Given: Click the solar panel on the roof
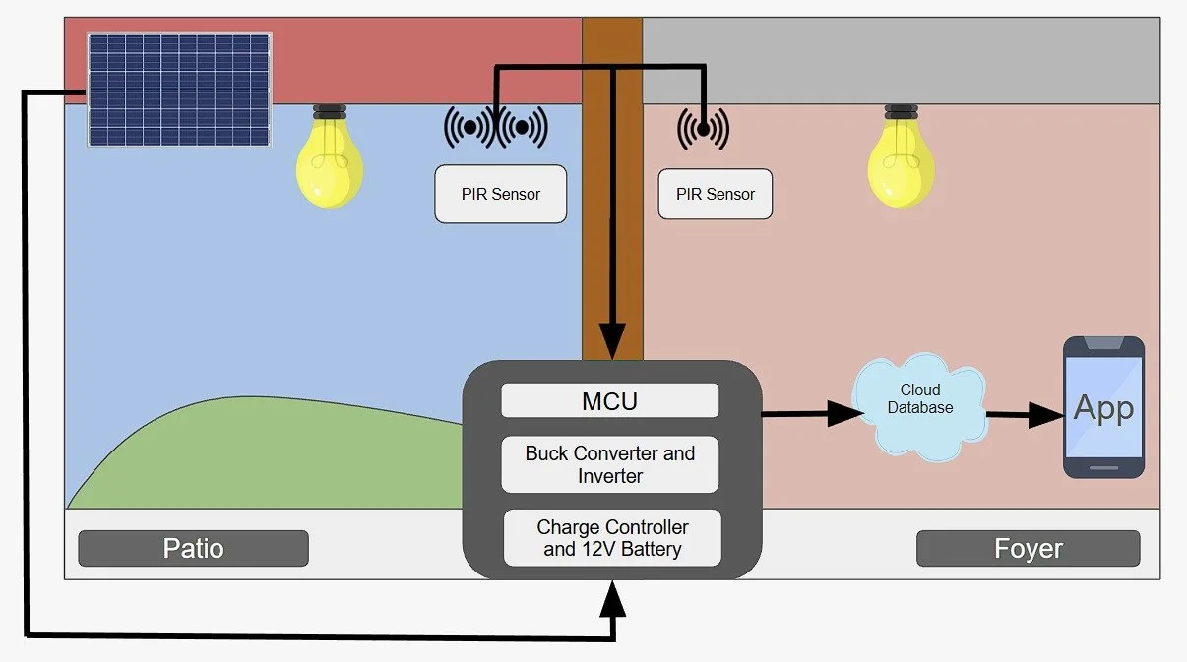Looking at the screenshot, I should click(x=179, y=90).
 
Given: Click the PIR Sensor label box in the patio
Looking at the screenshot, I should click(x=501, y=194).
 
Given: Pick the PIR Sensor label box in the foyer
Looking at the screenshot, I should click(x=716, y=194).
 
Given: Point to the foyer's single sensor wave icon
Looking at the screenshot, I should click(x=703, y=129).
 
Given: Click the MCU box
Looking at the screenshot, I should click(x=610, y=400).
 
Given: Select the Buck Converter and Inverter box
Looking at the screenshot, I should click(x=610, y=465).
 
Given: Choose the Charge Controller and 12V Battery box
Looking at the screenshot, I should click(x=611, y=538).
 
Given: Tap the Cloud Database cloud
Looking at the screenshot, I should click(x=920, y=404).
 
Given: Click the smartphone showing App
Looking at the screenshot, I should click(x=1103, y=407).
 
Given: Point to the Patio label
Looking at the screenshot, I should click(x=193, y=548).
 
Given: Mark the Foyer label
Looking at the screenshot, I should click(x=1028, y=548).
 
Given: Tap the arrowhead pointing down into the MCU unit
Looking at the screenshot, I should click(x=611, y=343).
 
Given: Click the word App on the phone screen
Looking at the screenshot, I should click(x=1103, y=407).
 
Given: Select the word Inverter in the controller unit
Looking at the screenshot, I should click(x=610, y=476).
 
